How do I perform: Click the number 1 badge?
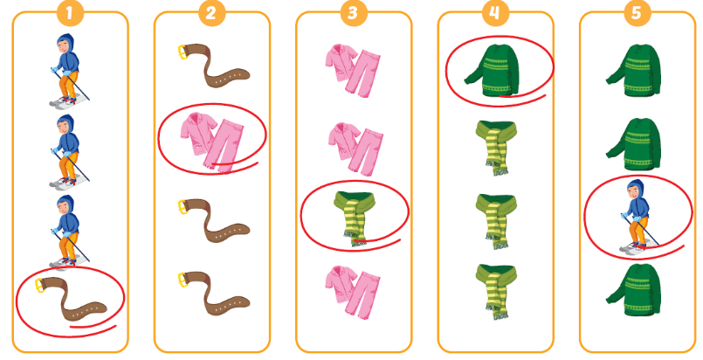tap(69, 13)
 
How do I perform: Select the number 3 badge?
tap(352, 13)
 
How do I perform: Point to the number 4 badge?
tap(496, 13)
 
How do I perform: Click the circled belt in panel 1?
tap(70, 298)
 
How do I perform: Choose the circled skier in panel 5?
tap(637, 214)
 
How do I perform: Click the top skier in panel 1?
tap(65, 66)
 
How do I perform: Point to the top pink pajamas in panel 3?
tap(354, 66)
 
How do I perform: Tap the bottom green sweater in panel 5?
tap(637, 288)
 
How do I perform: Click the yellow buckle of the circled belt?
tap(40, 284)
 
